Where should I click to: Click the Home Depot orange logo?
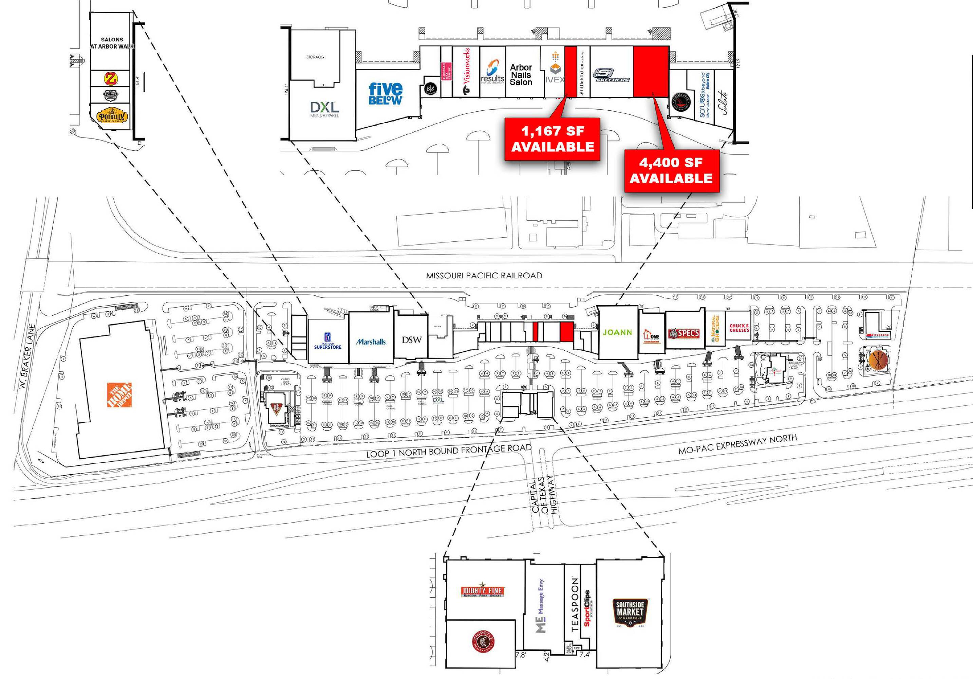tap(119, 395)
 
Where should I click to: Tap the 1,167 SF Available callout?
tap(552, 139)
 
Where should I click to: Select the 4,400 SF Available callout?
tap(672, 170)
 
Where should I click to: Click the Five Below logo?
tap(385, 94)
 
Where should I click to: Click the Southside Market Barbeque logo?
tap(630, 613)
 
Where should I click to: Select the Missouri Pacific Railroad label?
tap(484, 275)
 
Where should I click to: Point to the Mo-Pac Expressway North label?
tap(737, 444)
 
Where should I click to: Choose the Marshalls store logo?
tap(371, 342)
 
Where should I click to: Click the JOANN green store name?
tap(617, 332)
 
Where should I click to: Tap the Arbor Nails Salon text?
tap(521, 75)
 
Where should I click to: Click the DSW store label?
tap(411, 339)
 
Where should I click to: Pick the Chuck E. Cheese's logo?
tap(739, 328)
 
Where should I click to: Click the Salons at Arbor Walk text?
tap(112, 43)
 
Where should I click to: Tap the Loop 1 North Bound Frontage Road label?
tap(448, 451)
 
